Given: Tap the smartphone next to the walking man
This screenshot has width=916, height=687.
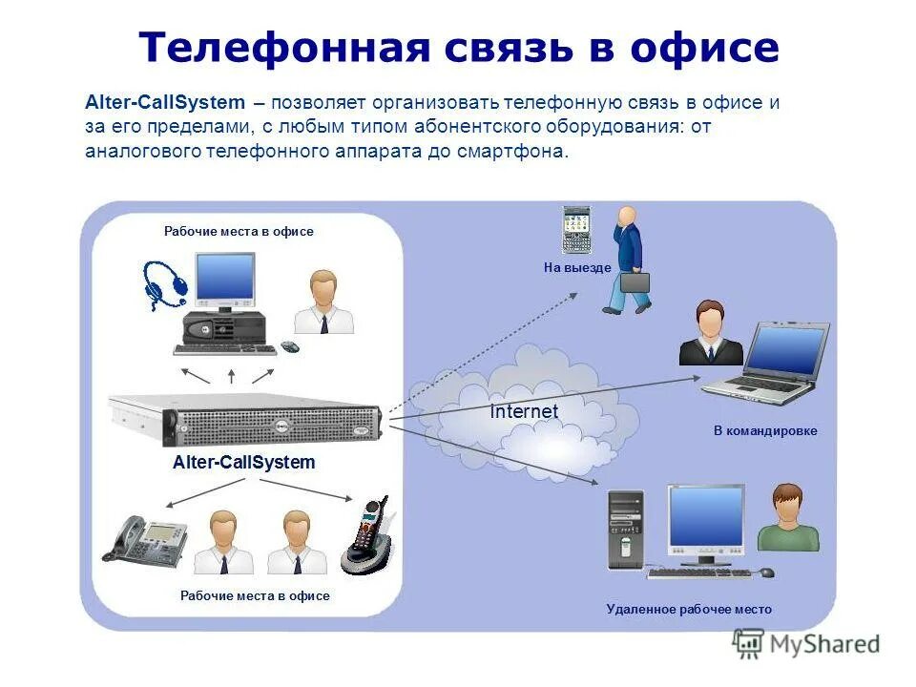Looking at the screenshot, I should point(575,229).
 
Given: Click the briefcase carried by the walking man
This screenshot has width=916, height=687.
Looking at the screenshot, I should point(635,281).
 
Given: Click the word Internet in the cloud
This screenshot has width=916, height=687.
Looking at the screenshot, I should point(524,412).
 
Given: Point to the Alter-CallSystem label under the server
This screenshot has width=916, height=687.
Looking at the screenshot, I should point(243,463).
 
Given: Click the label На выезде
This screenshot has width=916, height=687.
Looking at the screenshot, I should point(576,268).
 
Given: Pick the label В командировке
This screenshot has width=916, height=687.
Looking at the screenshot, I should point(765,431).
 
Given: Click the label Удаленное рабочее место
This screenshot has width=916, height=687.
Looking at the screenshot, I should point(689,609).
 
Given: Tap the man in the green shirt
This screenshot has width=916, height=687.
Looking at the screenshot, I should point(788,518).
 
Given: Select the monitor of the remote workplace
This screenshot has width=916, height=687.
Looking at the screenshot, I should point(705,521).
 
